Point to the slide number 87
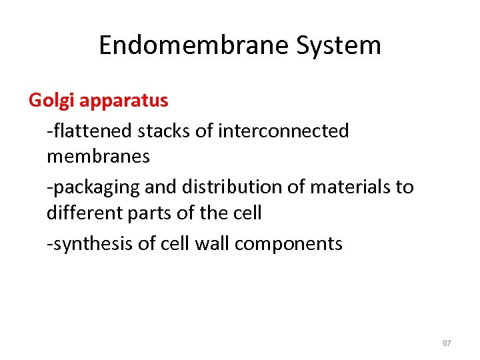(447, 343)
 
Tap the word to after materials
(405, 187)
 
